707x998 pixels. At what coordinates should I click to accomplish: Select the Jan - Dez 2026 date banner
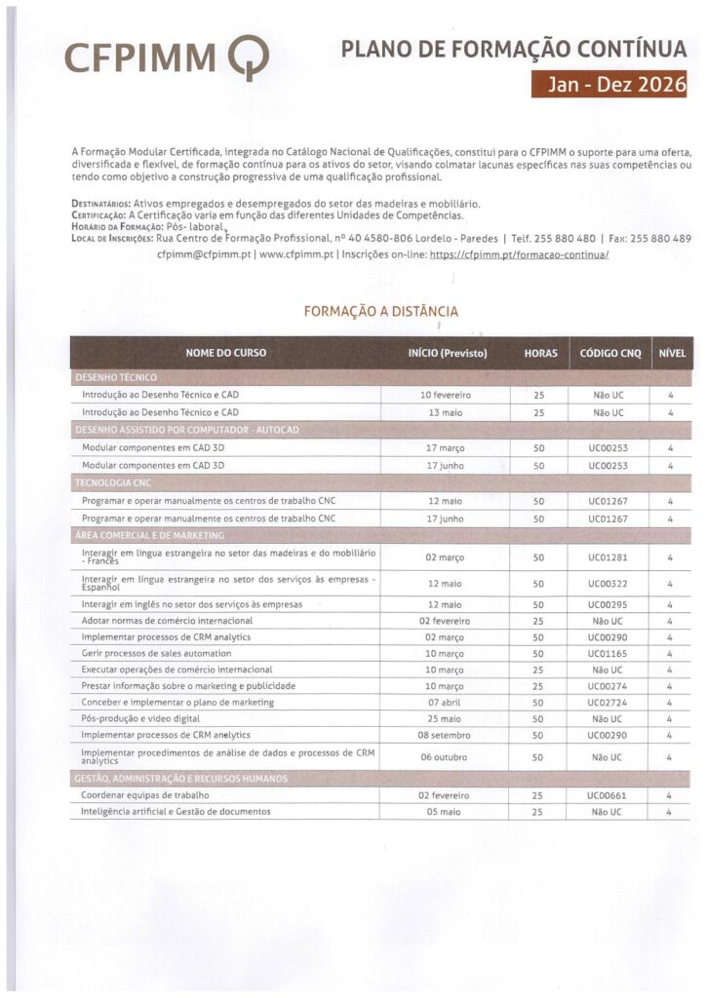[609, 85]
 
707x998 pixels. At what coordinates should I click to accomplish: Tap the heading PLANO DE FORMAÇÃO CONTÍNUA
[513, 51]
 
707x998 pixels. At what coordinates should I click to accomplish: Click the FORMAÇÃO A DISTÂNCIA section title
[380, 312]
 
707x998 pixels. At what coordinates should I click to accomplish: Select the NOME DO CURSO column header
[225, 353]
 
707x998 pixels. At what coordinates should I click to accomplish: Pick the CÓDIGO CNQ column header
[610, 353]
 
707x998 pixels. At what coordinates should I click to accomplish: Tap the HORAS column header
[540, 353]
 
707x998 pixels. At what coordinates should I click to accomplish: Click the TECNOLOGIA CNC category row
[113, 482]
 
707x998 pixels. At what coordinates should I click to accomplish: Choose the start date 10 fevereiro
[445, 395]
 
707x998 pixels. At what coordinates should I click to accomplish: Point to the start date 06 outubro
[445, 757]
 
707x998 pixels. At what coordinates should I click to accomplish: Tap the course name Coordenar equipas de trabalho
[145, 795]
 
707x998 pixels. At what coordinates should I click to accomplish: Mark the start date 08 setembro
[445, 734]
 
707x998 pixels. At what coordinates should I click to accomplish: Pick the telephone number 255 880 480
[567, 239]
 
